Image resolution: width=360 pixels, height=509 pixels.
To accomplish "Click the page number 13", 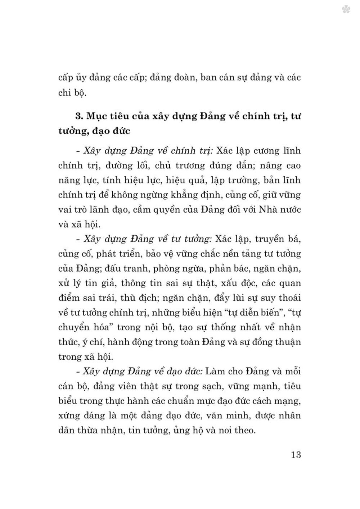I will [296, 454].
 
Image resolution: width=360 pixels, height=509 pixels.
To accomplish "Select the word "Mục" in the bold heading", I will [97, 117].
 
